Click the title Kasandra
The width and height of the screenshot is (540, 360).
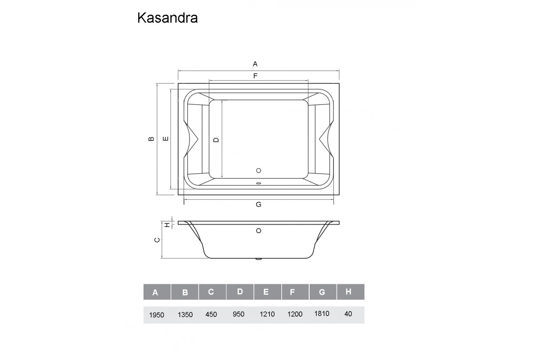coord(167,18)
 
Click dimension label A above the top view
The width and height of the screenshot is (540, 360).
coord(255,63)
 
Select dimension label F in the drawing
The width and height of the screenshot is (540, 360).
coord(255,76)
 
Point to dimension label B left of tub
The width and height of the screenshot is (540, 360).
coord(151,139)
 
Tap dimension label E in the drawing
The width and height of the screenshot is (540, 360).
coord(166,139)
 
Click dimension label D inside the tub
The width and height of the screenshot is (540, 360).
coord(216,140)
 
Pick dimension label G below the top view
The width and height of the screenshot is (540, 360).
coord(258,204)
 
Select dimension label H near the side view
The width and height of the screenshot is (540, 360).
coord(166,224)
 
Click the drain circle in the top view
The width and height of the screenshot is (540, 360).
coord(258,171)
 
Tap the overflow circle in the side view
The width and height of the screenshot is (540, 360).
coord(258,231)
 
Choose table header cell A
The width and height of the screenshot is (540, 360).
coord(155,292)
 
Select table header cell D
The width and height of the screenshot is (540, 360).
coord(240,292)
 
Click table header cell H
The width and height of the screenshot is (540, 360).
coord(348,292)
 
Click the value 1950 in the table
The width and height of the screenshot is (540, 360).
coord(157,315)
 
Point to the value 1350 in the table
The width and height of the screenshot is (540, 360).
coord(185,315)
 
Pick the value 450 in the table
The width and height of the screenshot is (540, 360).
coord(211,314)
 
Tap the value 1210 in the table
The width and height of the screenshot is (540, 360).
coord(267,314)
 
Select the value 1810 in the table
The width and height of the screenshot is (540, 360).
coord(322,314)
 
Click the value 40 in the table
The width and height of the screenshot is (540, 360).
coord(348,314)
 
